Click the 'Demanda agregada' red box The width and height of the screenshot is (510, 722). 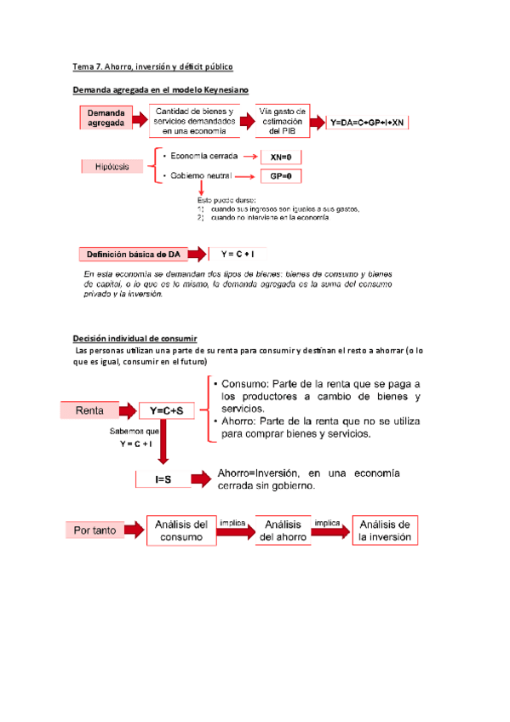tap(106, 117)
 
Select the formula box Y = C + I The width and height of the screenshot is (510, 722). tap(238, 254)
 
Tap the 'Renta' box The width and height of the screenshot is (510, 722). tap(90, 410)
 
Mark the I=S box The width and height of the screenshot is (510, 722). tap(163, 479)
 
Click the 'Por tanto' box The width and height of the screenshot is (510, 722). tap(95, 530)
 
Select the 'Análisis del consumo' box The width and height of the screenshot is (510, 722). tap(181, 530)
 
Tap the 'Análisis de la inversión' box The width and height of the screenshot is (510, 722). tap(385, 530)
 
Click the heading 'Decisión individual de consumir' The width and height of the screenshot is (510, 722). tap(135, 338)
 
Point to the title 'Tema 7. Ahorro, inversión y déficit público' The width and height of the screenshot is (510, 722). tap(153, 66)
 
